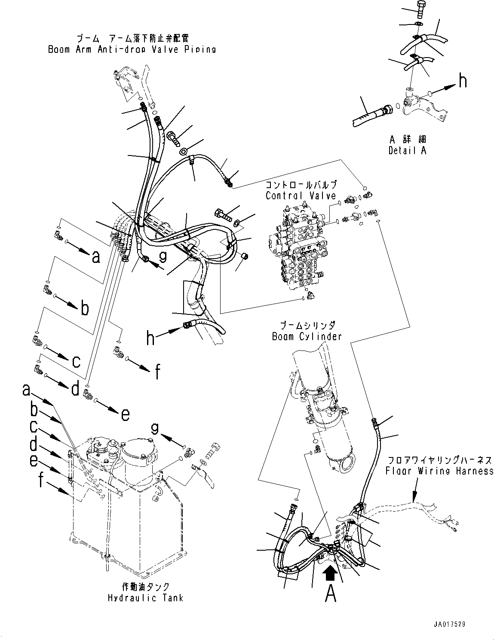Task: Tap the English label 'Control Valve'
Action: coord(301,195)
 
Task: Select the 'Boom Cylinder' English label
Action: coord(307,336)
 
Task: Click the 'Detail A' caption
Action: coord(407,150)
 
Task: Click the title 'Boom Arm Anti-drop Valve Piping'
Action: coord(132,49)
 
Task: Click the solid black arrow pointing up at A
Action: coord(331,574)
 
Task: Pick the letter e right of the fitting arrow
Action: coord(125,414)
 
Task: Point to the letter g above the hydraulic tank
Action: coord(155,429)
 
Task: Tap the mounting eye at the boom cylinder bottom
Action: coord(347,466)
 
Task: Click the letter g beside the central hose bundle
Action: coord(163,257)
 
